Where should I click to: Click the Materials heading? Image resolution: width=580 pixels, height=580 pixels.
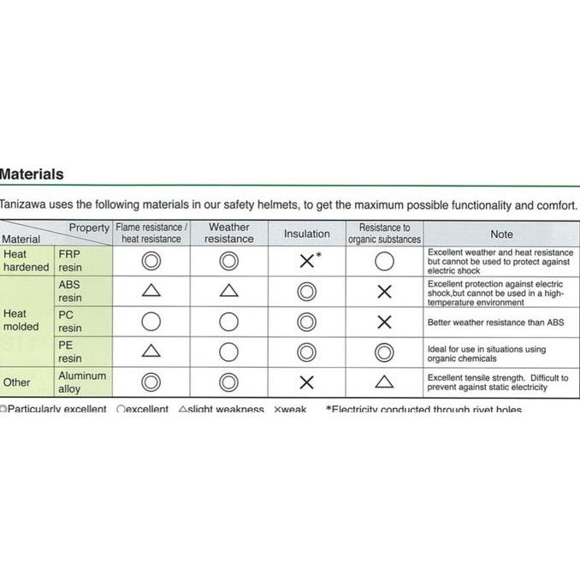click(x=32, y=175)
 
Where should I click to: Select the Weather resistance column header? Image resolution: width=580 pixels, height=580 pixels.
click(x=228, y=233)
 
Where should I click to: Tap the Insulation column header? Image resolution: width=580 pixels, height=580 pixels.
click(x=306, y=234)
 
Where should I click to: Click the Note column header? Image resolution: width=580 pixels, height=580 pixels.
click(x=501, y=234)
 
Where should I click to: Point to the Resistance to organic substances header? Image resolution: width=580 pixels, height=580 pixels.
click(x=384, y=234)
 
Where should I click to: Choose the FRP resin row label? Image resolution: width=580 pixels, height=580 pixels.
click(x=70, y=261)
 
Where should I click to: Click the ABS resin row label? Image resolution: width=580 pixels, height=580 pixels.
click(x=70, y=291)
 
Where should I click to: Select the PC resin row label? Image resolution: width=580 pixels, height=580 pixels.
click(x=70, y=321)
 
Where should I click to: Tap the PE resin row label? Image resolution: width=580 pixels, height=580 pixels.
click(x=70, y=352)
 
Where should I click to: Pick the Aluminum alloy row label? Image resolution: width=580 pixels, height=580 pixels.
click(x=82, y=382)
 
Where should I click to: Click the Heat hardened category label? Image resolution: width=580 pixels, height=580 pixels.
click(x=26, y=261)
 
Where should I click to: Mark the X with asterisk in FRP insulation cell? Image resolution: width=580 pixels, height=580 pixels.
click(x=308, y=261)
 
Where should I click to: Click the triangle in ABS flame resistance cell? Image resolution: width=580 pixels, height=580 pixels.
click(x=151, y=291)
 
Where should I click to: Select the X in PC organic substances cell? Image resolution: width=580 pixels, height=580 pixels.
click(x=384, y=322)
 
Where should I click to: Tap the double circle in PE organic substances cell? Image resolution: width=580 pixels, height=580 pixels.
click(x=384, y=352)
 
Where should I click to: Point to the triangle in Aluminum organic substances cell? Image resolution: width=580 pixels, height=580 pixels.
click(x=384, y=382)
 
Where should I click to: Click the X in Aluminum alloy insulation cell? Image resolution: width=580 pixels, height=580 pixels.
click(x=306, y=382)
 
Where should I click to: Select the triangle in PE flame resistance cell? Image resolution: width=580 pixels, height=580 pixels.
click(x=151, y=351)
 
